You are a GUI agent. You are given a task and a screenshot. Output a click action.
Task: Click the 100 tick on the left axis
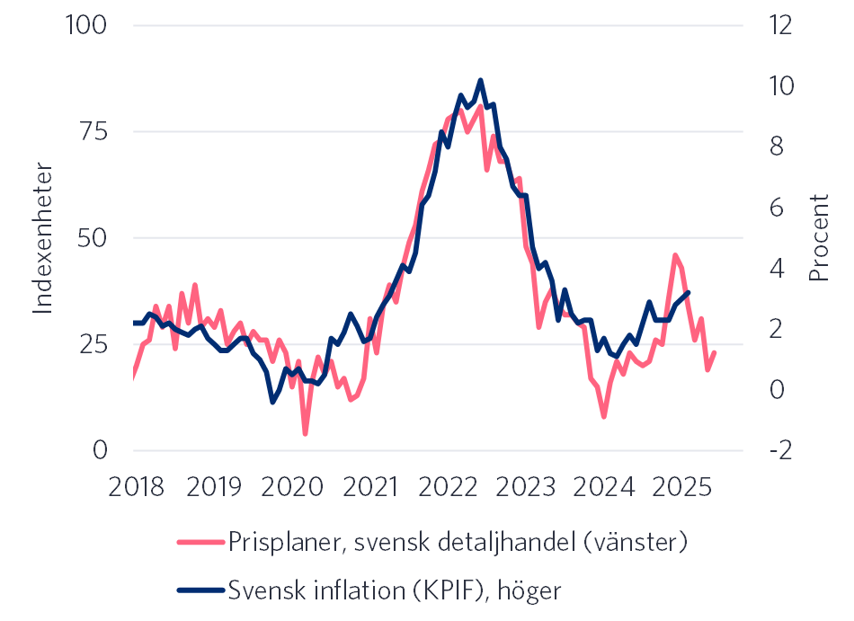87,25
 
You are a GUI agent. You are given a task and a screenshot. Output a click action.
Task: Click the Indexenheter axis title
42,238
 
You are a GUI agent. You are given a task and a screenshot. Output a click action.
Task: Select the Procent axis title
818,238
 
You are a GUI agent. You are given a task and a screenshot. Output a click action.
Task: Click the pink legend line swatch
199,542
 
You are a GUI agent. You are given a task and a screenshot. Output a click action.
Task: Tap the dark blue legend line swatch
199,590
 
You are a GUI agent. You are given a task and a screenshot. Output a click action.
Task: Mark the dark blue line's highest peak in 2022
481,80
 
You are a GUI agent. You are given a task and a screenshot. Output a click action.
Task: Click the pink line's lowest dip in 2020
306,434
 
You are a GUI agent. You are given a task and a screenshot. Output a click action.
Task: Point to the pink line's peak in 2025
675,255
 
